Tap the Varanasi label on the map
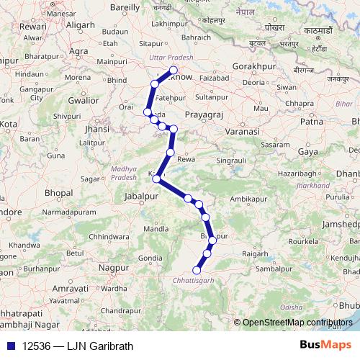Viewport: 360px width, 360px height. [240, 132]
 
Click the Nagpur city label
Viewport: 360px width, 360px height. [114, 267]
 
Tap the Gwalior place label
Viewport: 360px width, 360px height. [84, 101]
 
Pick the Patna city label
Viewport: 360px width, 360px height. [311, 122]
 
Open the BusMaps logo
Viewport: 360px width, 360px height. [325, 346]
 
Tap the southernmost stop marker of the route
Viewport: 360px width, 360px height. [197, 271]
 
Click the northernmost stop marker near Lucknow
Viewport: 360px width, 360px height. [173, 71]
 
